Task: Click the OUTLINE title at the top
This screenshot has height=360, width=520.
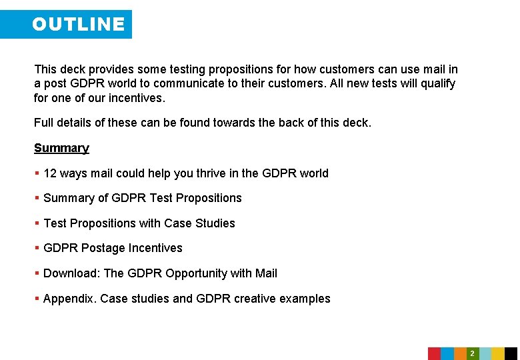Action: (x=78, y=25)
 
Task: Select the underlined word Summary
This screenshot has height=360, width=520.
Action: (x=61, y=148)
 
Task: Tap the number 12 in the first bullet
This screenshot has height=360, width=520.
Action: (x=49, y=173)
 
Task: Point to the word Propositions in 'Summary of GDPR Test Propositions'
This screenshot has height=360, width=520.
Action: (x=209, y=198)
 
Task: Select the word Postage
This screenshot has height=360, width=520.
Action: (x=103, y=248)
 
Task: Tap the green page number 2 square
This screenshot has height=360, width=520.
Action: (x=472, y=353)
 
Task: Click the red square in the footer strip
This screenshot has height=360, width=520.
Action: (x=434, y=353)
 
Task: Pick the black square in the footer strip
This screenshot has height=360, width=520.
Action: (x=511, y=353)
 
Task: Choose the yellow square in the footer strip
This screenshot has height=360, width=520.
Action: (x=498, y=353)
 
